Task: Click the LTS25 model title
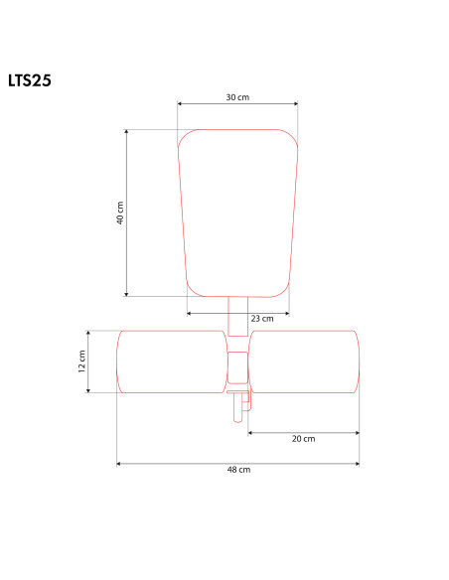pyautogui.click(x=30, y=80)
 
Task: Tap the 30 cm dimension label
pyautogui.click(x=237, y=97)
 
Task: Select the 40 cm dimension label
pyautogui.click(x=120, y=213)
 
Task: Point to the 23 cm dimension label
pyautogui.click(x=262, y=319)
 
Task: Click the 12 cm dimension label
pyautogui.click(x=82, y=362)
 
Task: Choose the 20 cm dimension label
pyautogui.click(x=304, y=439)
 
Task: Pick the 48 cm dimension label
pyautogui.click(x=239, y=470)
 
